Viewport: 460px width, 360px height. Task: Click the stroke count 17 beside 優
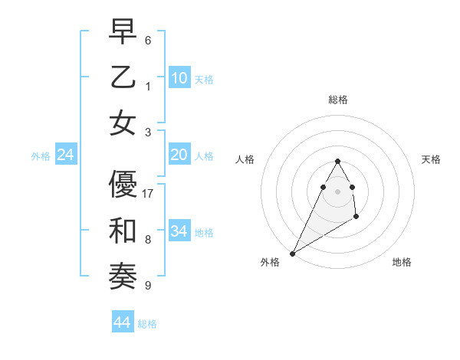click(x=149, y=194)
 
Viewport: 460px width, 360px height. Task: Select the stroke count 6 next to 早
click(x=148, y=40)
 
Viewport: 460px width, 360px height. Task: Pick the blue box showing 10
click(x=179, y=77)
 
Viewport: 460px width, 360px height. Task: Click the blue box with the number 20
click(x=179, y=155)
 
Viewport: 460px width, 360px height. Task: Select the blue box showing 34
click(x=179, y=231)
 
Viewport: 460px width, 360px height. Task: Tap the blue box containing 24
click(x=66, y=155)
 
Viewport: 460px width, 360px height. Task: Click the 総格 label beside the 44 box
click(x=147, y=324)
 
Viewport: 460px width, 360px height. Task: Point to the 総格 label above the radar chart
click(x=337, y=100)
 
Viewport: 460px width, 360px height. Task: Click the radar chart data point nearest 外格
click(x=292, y=253)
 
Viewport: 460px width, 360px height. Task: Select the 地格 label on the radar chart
click(x=402, y=262)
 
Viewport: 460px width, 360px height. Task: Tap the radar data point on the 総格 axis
click(x=337, y=161)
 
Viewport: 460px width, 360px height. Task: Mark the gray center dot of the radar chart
click(x=337, y=191)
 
